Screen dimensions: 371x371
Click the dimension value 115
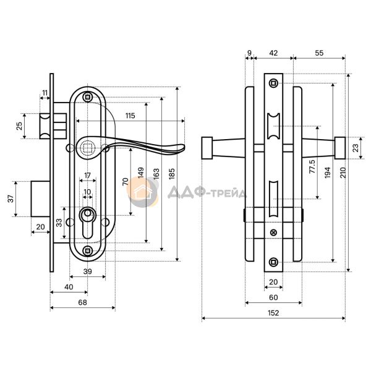point(129,116)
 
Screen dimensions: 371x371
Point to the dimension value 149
point(141,173)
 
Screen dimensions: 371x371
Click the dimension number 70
point(126,183)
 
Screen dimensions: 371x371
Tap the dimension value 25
point(19,127)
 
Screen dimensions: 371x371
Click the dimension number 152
point(273,313)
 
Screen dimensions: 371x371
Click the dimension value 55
point(318,53)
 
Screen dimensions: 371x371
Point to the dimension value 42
point(273,53)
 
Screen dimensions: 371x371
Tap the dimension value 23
point(354,147)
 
